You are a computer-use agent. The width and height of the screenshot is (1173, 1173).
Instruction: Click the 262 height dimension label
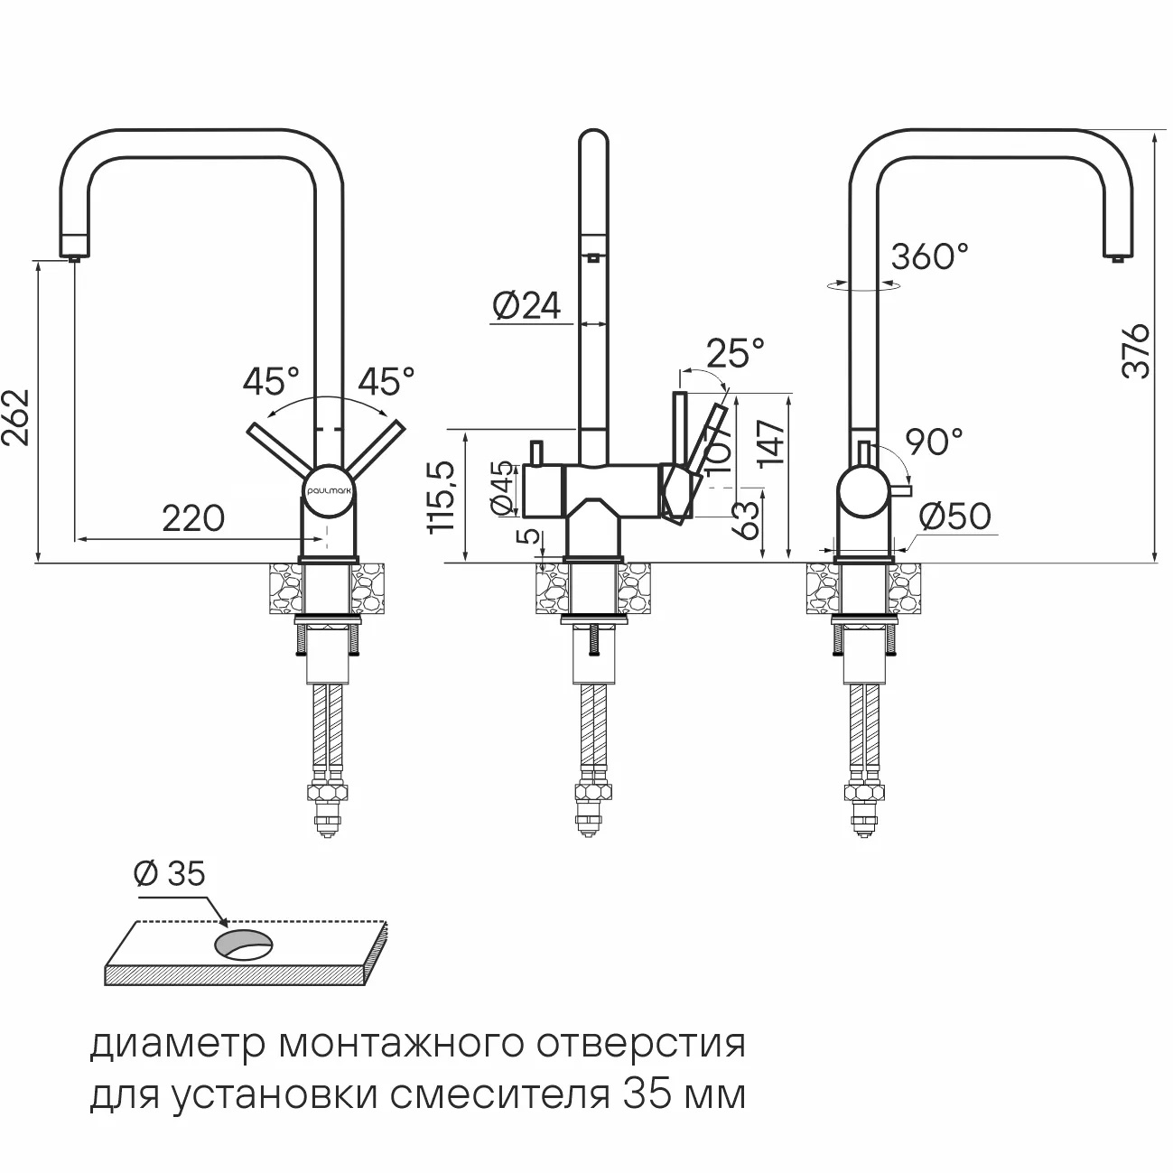coord(17,417)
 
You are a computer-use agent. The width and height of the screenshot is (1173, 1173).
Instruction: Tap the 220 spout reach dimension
coord(193,519)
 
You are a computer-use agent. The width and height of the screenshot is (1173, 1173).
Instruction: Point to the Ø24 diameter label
coord(526,306)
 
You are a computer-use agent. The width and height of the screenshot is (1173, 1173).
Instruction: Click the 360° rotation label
coord(929,256)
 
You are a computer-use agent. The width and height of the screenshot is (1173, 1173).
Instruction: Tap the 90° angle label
coord(935,442)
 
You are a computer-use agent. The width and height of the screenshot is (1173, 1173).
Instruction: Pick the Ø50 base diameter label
coord(954,517)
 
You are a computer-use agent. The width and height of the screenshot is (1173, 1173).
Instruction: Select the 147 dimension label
coord(773,443)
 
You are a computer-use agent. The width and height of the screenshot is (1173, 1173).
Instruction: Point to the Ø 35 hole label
coord(169,873)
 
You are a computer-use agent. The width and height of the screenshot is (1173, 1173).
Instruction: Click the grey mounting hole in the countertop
coord(242,944)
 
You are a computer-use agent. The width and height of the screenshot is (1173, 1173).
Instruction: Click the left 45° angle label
coord(270,381)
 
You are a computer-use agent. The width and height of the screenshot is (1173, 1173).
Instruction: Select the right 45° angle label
coord(386,381)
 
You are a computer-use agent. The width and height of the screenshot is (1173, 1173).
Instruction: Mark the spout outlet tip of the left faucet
coord(74,257)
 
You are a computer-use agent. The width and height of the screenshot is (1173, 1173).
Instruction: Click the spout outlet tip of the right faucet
coord(1117,258)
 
